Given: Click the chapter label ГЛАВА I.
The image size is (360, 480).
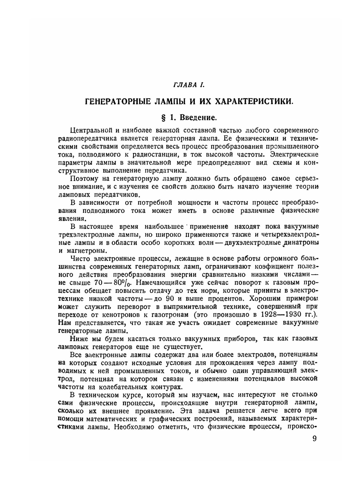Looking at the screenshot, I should [x=189, y=85].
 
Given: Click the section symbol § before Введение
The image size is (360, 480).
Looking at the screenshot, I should [x=162, y=118].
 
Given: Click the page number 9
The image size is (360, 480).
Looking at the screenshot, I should [x=315, y=440].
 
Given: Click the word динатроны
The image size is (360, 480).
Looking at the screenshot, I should [x=301, y=243].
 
